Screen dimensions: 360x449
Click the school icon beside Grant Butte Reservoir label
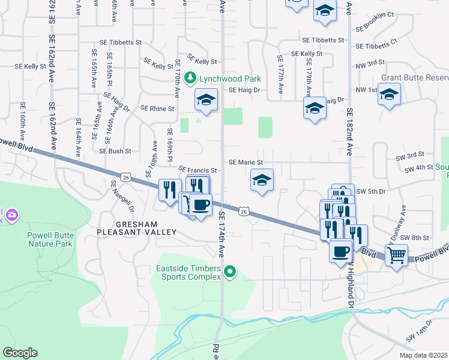390,94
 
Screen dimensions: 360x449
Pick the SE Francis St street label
197,170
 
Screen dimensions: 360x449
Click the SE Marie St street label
246,163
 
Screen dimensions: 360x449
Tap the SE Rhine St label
157,109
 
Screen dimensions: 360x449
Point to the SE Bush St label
115,151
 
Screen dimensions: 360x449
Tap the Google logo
20,353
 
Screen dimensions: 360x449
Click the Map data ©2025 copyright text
423,355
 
